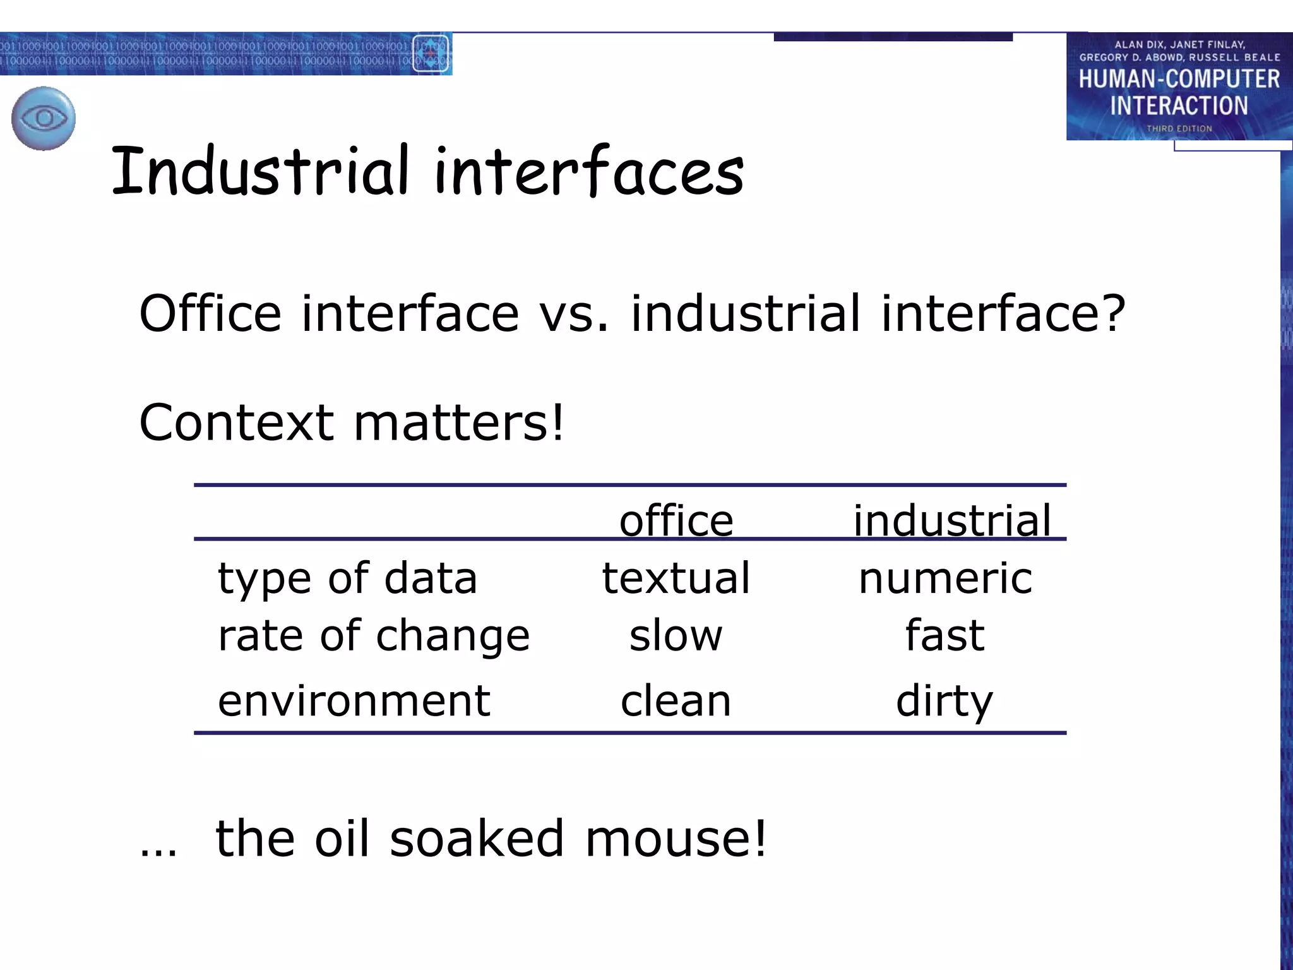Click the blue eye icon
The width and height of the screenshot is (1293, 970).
click(44, 118)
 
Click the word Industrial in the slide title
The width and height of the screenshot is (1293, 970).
click(259, 170)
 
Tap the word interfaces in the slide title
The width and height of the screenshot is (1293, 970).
click(589, 170)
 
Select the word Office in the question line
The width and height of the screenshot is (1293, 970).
click(210, 313)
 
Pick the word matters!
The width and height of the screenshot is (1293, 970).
click(459, 422)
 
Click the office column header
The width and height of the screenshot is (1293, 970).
click(676, 521)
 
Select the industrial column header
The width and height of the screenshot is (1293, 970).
click(952, 521)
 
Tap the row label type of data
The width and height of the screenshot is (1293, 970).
click(347, 579)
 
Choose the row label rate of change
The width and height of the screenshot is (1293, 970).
click(374, 636)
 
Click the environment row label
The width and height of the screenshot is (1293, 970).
click(354, 700)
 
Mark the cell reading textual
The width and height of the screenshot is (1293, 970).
click(676, 578)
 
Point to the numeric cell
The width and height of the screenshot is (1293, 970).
click(945, 578)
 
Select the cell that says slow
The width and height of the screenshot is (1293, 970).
click(676, 635)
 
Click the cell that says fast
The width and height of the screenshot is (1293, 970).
click(945, 635)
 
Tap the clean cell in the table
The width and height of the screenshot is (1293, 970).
click(676, 700)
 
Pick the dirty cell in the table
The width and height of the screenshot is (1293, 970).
click(944, 702)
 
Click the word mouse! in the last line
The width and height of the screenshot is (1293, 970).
click(676, 838)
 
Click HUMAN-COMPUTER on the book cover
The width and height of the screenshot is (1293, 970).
click(1179, 80)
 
